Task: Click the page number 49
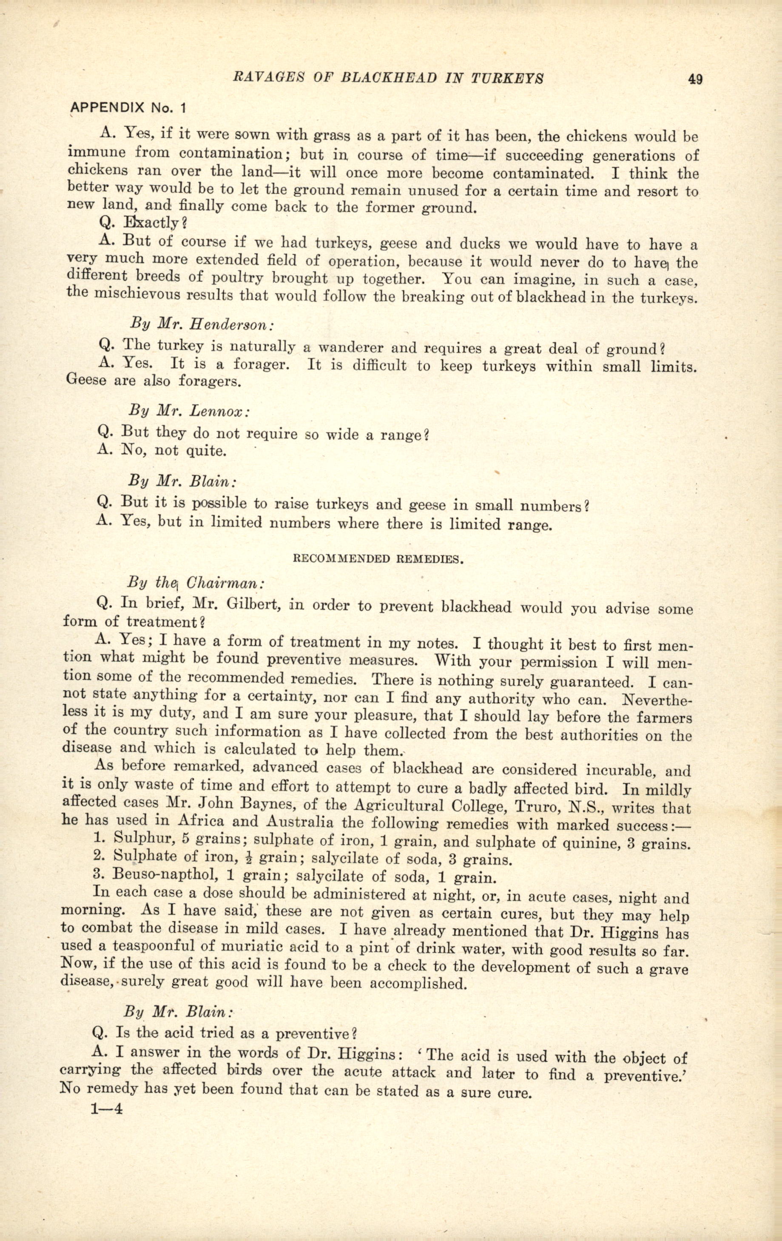pos(695,80)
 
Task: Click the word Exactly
pos(149,223)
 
